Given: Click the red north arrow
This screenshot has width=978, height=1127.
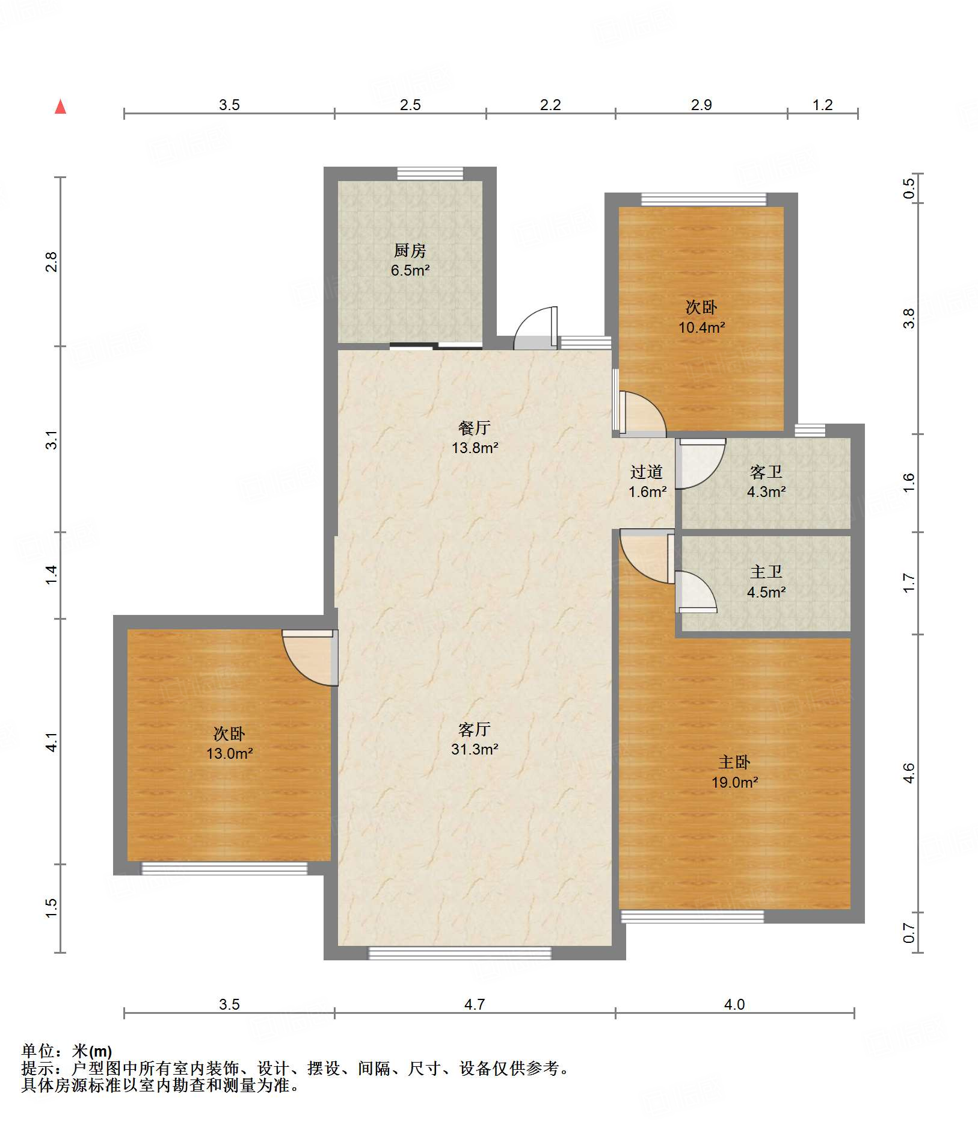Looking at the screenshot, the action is click(x=60, y=107).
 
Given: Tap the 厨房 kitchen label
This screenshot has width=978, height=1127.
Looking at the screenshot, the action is click(x=410, y=250).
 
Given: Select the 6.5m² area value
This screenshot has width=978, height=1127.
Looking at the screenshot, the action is click(x=410, y=270).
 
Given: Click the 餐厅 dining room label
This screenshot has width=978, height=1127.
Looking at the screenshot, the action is click(x=475, y=428).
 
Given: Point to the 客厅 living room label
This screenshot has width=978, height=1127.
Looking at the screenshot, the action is click(x=475, y=729).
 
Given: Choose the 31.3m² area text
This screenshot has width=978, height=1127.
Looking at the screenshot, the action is click(x=475, y=749).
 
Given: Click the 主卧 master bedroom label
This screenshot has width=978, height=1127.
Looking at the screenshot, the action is click(x=734, y=762).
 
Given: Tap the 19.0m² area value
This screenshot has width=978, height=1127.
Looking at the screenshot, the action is click(x=734, y=782).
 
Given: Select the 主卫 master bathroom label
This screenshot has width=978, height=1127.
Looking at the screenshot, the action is click(x=766, y=572).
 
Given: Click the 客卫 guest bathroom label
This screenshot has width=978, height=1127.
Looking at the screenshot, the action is click(x=766, y=471).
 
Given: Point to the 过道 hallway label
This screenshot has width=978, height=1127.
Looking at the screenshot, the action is click(x=647, y=472).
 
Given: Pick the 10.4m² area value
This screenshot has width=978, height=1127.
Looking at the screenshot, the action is click(x=701, y=327).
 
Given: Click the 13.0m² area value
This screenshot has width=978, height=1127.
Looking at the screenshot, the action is click(x=229, y=753).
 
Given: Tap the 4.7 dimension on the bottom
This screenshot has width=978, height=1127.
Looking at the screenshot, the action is click(x=475, y=1004).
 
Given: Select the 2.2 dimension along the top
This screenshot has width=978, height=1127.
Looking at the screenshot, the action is click(x=550, y=105).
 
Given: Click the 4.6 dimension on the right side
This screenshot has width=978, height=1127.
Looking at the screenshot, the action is click(x=909, y=773).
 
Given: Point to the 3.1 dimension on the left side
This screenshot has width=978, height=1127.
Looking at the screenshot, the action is click(x=52, y=439).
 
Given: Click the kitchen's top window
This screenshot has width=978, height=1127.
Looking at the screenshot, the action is click(x=430, y=173).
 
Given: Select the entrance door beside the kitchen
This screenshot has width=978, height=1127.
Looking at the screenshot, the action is click(x=535, y=329).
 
